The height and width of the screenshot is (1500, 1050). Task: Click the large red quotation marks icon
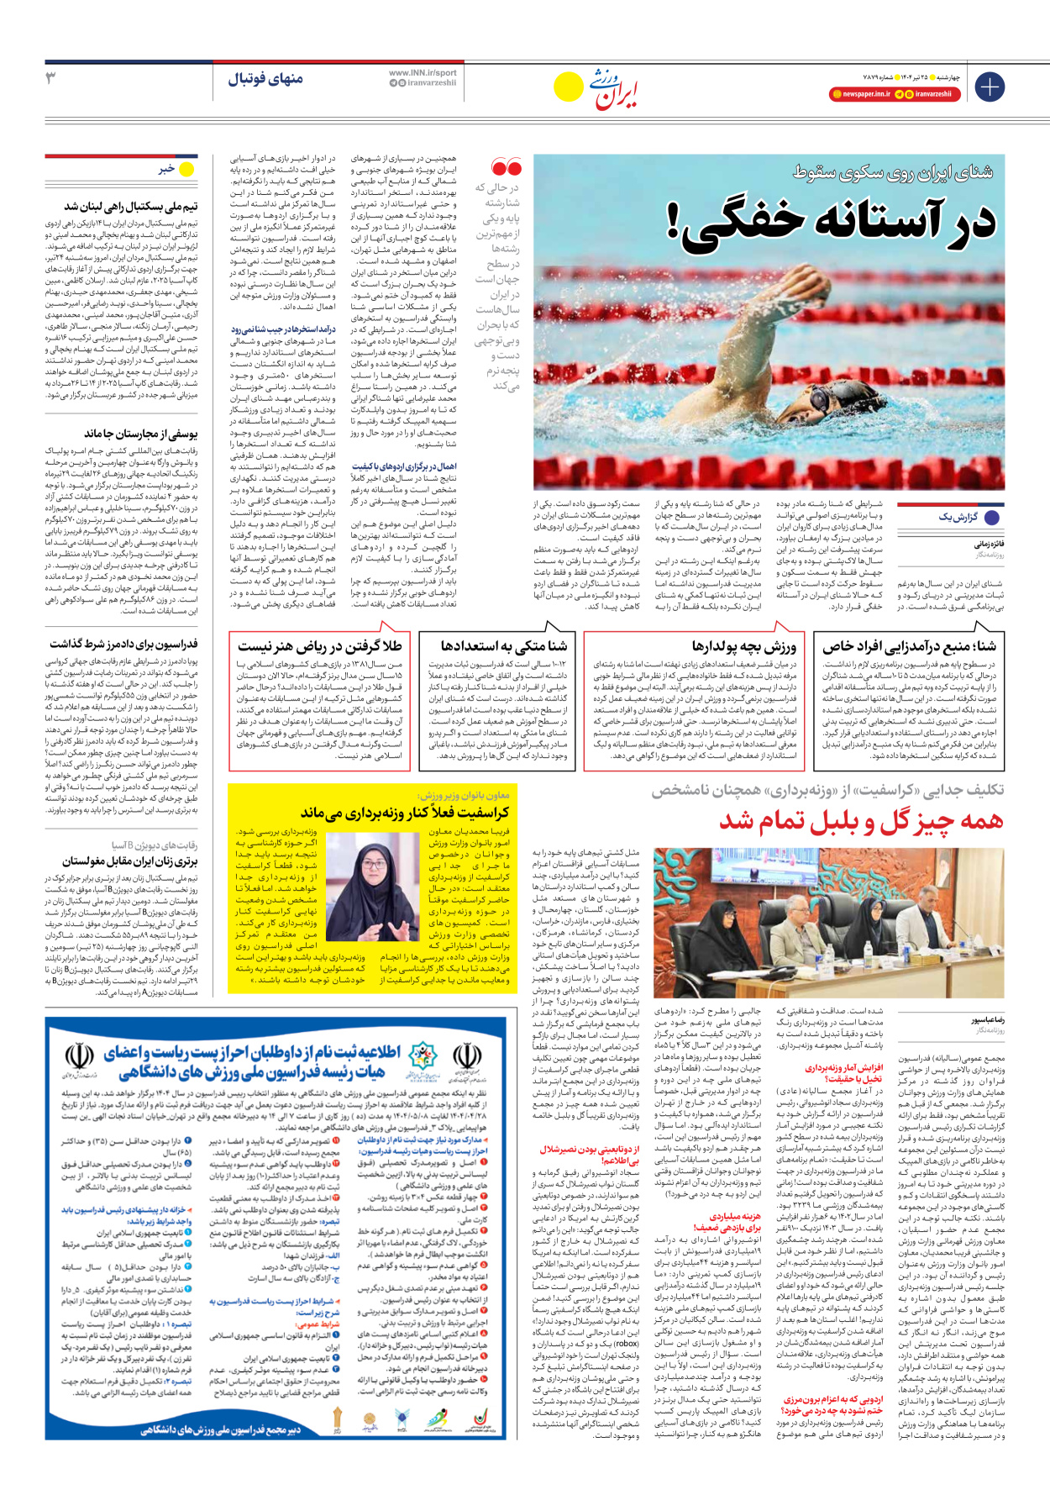pyautogui.click(x=507, y=166)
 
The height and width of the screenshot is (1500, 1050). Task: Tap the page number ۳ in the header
pyautogui.click(x=51, y=78)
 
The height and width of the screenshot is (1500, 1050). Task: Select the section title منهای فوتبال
pyautogui.click(x=265, y=79)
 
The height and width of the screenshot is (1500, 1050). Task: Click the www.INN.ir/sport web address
pyautogui.click(x=423, y=73)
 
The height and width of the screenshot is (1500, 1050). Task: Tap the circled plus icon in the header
pyautogui.click(x=989, y=87)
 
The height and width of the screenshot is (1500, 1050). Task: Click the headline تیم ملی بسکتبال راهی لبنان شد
pyautogui.click(x=131, y=207)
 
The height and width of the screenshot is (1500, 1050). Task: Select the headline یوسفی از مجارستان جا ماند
pyautogui.click(x=140, y=434)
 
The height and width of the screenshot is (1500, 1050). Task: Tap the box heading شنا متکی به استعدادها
pyautogui.click(x=503, y=646)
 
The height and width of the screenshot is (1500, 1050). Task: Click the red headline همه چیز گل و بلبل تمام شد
pyautogui.click(x=861, y=821)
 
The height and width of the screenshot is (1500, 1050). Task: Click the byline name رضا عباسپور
pyautogui.click(x=988, y=1020)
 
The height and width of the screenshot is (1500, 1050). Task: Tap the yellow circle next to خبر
pyautogui.click(x=186, y=170)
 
